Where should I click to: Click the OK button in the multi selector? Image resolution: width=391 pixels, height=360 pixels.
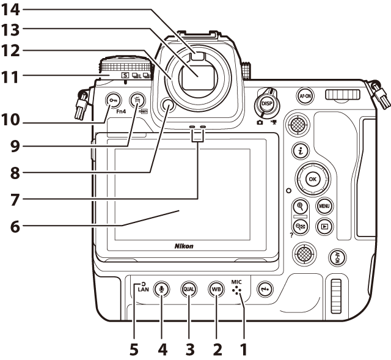[x=312, y=180]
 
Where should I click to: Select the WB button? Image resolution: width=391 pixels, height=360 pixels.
[x=216, y=288]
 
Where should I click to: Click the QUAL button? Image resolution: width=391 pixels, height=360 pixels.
[x=189, y=288]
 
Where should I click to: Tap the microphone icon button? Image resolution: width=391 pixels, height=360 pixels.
[x=162, y=288]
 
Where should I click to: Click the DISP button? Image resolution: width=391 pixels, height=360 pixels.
[x=267, y=104]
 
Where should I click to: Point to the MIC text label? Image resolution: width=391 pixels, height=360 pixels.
[x=237, y=282]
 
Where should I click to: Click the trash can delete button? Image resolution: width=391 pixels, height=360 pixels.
[x=138, y=100]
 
